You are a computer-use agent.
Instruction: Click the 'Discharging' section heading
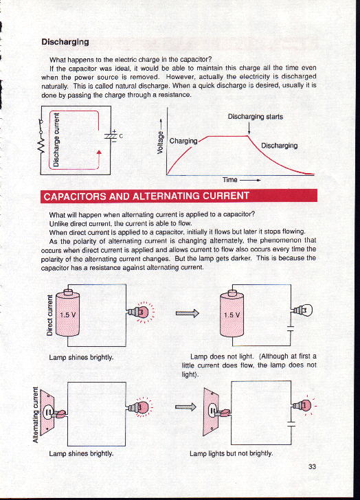point(65,42)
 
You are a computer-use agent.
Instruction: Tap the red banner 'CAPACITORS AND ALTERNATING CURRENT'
point(179,196)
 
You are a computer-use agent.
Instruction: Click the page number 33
point(312,466)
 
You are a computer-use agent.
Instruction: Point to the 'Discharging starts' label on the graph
point(255,117)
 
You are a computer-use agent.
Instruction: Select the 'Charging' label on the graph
point(183,141)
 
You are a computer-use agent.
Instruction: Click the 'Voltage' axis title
point(160,143)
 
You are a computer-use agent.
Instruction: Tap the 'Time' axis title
point(230,180)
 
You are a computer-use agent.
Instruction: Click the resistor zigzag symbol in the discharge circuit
point(41,146)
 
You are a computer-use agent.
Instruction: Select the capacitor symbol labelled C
point(111,136)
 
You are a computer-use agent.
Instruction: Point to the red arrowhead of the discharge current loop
point(99,152)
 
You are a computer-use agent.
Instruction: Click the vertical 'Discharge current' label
point(56,139)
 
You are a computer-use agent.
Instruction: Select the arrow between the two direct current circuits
point(187,313)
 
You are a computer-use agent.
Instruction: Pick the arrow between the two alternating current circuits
point(185,407)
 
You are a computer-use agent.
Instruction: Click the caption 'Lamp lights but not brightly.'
point(231,453)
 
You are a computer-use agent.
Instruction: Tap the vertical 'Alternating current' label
point(36,415)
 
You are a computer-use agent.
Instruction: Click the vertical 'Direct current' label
point(49,315)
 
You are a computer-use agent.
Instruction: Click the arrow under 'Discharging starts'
point(249,128)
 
